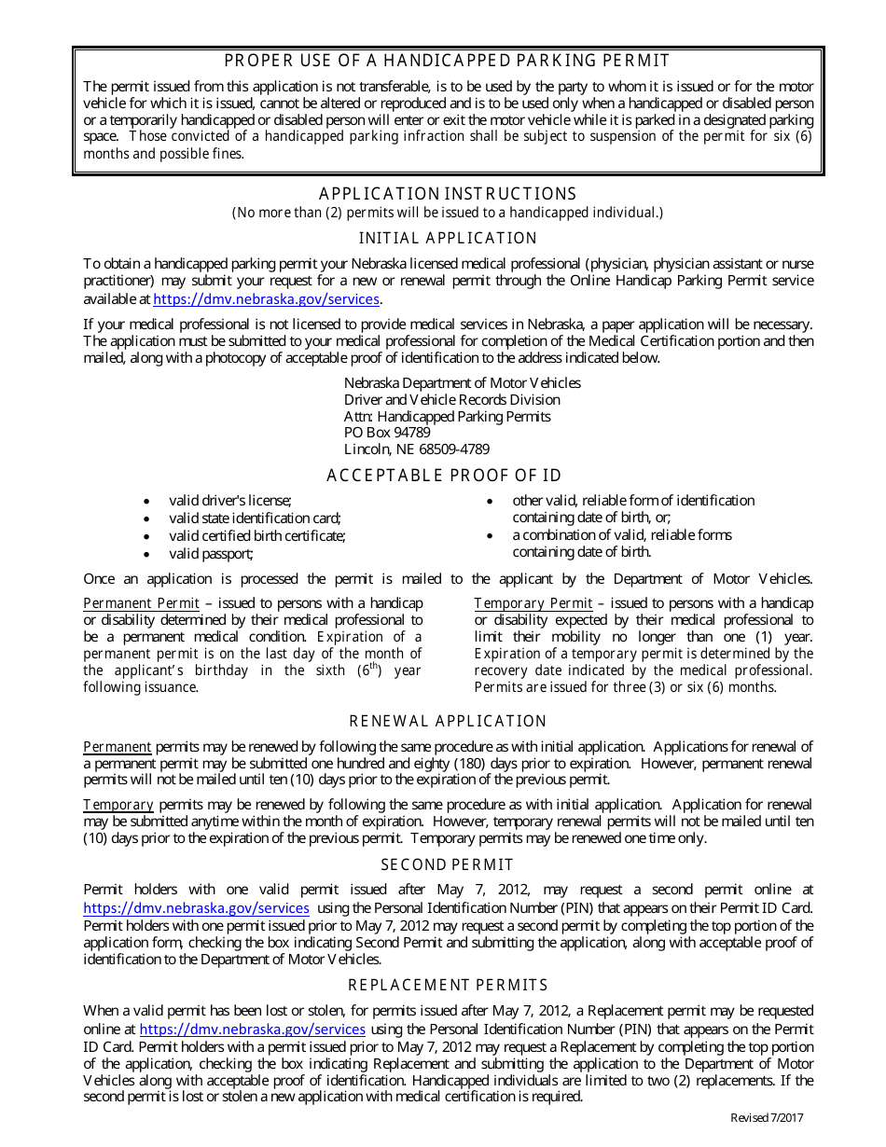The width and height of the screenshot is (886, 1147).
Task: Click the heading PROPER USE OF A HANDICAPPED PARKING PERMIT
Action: tap(448, 62)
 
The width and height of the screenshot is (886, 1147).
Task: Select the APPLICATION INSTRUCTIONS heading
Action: tap(448, 194)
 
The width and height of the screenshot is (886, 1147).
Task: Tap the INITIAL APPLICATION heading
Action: tap(448, 239)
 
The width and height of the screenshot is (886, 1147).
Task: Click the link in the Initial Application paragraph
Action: tap(266, 299)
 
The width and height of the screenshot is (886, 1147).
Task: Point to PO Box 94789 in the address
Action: tap(387, 433)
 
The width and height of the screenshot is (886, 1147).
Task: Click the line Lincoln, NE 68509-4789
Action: tap(416, 449)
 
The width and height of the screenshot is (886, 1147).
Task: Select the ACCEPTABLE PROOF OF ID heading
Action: tap(444, 477)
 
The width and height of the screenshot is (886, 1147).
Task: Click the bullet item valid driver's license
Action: tap(229, 501)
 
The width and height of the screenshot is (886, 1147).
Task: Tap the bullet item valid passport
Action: tap(211, 554)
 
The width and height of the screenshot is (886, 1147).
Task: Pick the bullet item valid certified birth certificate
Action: tap(256, 536)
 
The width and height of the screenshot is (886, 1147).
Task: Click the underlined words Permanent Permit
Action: tap(141, 603)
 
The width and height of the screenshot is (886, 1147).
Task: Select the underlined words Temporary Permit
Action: tap(533, 603)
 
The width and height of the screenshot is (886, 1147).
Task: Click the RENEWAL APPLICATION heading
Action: tap(448, 722)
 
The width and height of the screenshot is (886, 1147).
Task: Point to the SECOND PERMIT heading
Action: tap(448, 864)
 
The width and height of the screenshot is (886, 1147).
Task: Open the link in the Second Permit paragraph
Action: tap(196, 907)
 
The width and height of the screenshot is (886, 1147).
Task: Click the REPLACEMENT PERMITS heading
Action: tap(448, 986)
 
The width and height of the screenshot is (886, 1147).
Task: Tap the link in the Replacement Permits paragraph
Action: tap(252, 1030)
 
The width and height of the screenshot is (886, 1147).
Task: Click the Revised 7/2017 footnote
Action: tap(766, 1118)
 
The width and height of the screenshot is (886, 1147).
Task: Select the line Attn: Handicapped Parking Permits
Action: tap(447, 416)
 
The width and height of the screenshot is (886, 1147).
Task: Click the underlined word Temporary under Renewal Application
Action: tap(118, 805)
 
